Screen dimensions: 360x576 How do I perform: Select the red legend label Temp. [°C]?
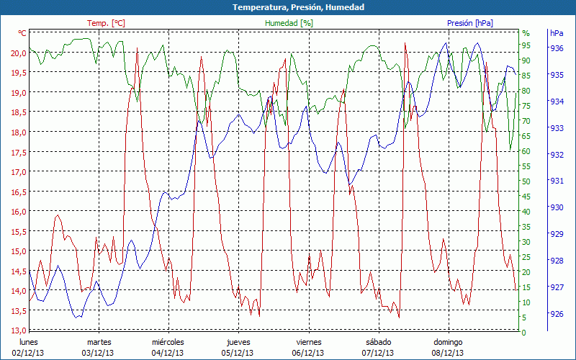(x=106, y=23)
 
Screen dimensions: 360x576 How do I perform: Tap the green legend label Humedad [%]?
(x=289, y=23)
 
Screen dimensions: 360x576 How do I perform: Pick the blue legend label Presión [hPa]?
(x=470, y=23)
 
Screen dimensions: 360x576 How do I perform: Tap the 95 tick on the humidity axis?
(x=526, y=45)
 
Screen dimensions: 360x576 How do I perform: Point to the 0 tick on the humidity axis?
(x=524, y=332)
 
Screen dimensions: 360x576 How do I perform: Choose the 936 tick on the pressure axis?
(x=557, y=48)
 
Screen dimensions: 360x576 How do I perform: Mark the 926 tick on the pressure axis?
(x=557, y=314)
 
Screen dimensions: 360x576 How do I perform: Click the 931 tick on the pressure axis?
(x=557, y=181)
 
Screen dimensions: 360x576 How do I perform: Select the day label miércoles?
(x=168, y=342)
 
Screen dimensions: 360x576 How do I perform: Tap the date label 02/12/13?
(x=29, y=353)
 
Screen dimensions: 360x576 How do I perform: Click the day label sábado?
(x=379, y=342)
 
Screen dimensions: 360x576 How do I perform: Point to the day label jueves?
(x=238, y=342)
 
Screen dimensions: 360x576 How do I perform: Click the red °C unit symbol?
(x=22, y=33)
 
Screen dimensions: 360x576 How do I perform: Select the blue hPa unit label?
(x=557, y=33)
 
